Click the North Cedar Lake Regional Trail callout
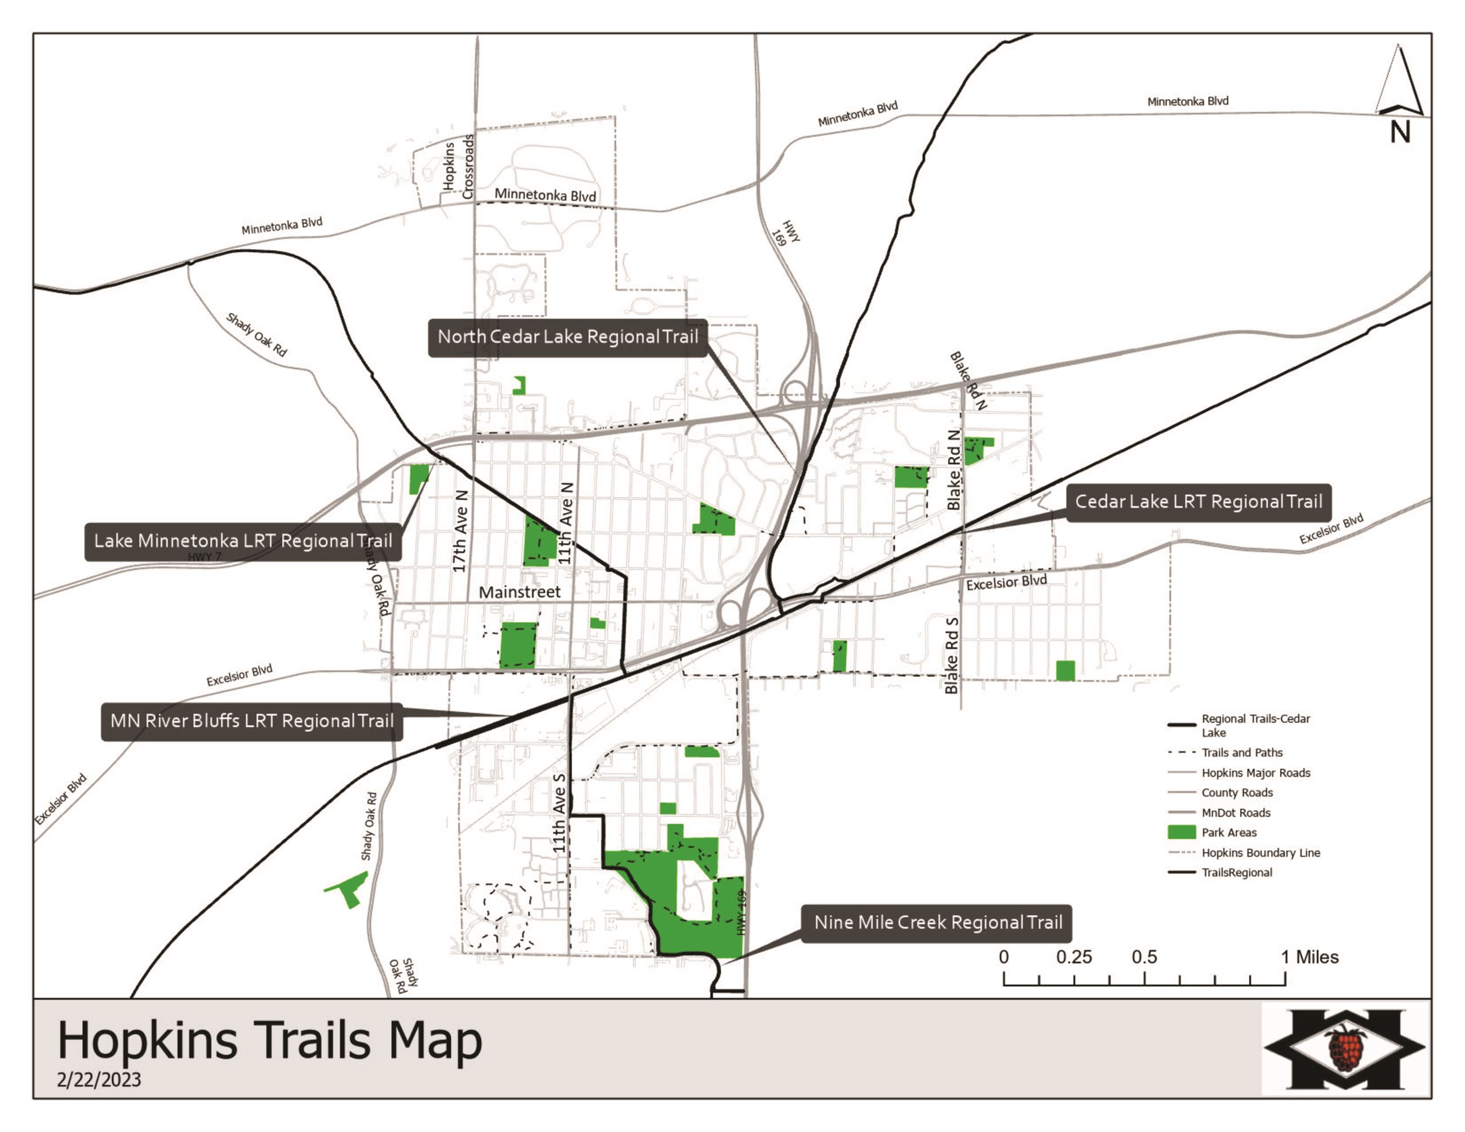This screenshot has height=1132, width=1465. coord(567,338)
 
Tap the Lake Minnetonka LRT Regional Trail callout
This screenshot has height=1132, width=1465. coord(243,541)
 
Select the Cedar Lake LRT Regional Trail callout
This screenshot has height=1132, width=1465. coord(1198,502)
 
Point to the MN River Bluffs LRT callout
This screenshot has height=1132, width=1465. coord(251,722)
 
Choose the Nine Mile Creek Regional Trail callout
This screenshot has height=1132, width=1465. coord(937,924)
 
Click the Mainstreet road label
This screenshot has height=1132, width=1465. coord(519,592)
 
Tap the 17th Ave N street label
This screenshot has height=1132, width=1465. coord(460,531)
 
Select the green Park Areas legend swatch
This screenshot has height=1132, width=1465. coord(1182,832)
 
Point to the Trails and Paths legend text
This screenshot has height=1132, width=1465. coord(1242,752)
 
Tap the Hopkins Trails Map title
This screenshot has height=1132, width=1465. coord(270,1040)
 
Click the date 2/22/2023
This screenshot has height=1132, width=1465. coord(99,1080)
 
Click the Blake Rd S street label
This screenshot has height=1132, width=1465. coord(951,655)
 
